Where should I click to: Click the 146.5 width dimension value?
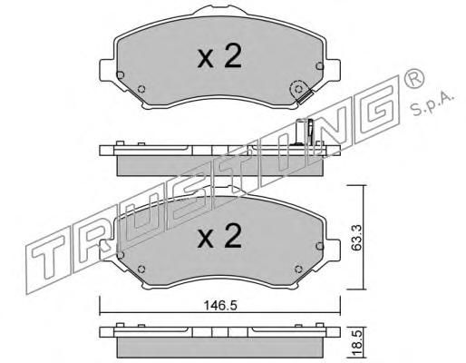[x=220, y=306]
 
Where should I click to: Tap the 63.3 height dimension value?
[x=357, y=238]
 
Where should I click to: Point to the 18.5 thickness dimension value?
[x=357, y=344]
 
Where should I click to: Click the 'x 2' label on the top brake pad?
[x=219, y=56]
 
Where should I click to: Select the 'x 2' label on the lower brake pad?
[x=219, y=237]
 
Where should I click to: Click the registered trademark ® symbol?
[x=413, y=78]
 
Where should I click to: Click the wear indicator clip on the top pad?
[x=305, y=98]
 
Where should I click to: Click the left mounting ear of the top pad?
[x=107, y=69]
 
